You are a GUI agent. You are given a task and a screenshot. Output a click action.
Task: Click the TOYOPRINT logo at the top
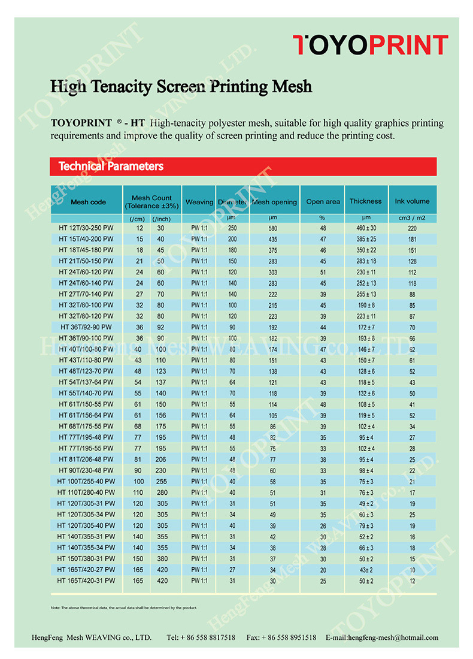pos(370,46)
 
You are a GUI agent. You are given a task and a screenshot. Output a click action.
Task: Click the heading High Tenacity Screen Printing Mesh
pos(181,87)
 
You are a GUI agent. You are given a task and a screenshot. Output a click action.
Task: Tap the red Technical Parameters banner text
pos(111,166)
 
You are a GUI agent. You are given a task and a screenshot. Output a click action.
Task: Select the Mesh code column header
pos(88,202)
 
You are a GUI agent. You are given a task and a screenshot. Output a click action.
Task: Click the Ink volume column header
pos(412,201)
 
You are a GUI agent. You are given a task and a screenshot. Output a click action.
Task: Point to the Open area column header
pos(323,202)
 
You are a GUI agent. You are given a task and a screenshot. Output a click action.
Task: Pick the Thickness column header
pos(365,201)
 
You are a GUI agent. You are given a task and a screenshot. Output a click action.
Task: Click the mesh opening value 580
pos(273,228)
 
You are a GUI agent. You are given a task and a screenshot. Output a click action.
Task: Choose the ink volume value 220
pos(412,228)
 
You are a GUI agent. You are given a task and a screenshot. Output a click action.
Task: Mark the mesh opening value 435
pos(273,239)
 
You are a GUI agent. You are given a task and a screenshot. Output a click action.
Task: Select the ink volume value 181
pos(412,239)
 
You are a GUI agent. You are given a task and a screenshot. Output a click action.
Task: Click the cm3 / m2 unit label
pos(412,218)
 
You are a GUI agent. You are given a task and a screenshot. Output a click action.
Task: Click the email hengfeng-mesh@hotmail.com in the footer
pos(382,638)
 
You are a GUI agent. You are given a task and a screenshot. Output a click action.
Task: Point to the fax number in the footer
pos(281,638)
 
